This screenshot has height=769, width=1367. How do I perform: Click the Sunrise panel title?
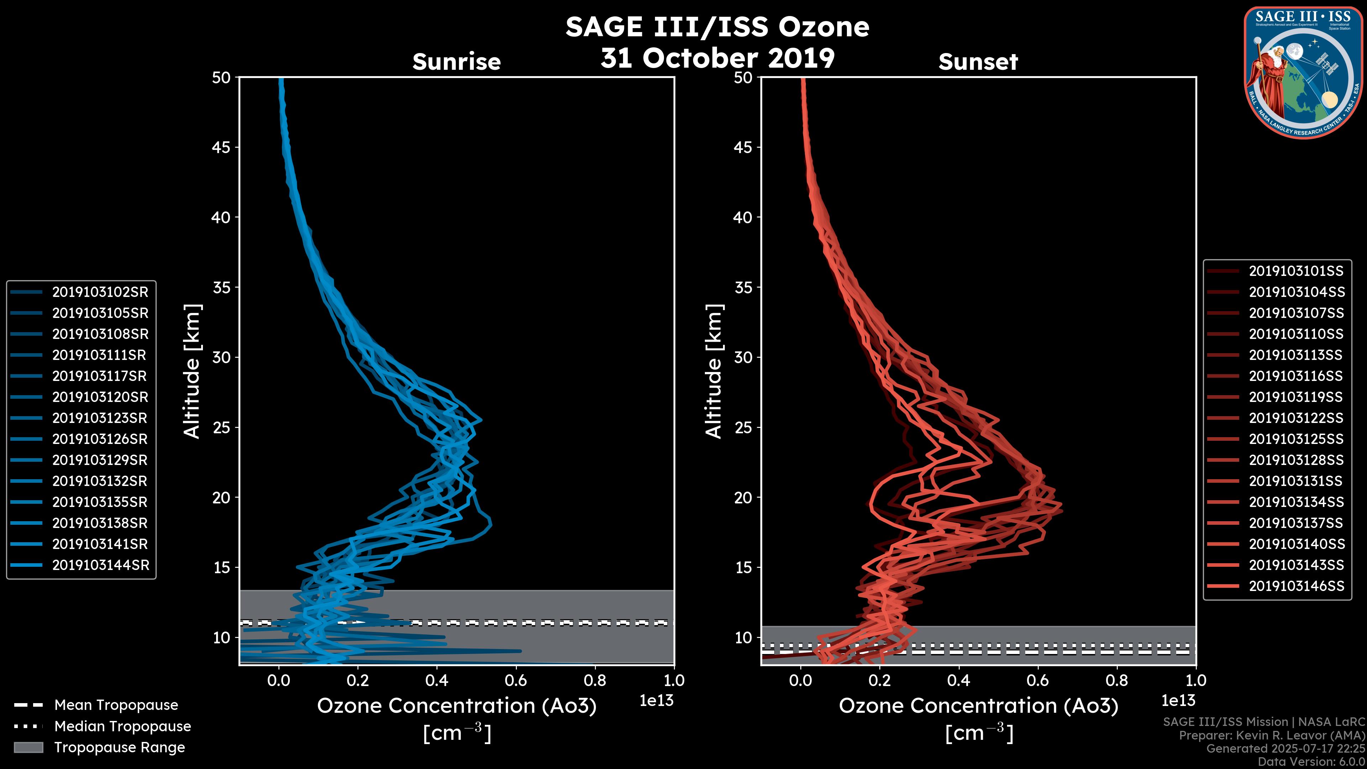click(456, 62)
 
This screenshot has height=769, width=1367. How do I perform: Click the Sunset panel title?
click(978, 62)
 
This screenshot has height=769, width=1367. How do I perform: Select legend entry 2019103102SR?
click(100, 292)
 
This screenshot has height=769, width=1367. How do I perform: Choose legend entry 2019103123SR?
click(99, 418)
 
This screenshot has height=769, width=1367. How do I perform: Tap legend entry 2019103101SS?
click(1295, 271)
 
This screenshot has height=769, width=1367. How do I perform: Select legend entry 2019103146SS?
click(1296, 586)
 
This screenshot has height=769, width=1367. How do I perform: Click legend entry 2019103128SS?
click(1295, 460)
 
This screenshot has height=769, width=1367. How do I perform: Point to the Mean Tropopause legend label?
click(116, 705)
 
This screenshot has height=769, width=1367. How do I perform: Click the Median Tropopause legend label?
click(122, 727)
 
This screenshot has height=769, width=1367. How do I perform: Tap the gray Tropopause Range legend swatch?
click(28, 747)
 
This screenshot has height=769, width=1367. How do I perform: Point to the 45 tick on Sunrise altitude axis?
click(221, 147)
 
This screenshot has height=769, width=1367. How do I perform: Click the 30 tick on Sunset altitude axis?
click(743, 358)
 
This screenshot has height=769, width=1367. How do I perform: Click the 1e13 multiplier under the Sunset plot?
click(1178, 701)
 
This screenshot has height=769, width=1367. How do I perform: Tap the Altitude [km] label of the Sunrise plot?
click(192, 371)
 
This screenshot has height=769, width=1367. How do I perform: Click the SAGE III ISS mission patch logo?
click(1303, 72)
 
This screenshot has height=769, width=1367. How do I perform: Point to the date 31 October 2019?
click(717, 58)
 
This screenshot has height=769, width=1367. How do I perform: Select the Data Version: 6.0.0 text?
click(1311, 762)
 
